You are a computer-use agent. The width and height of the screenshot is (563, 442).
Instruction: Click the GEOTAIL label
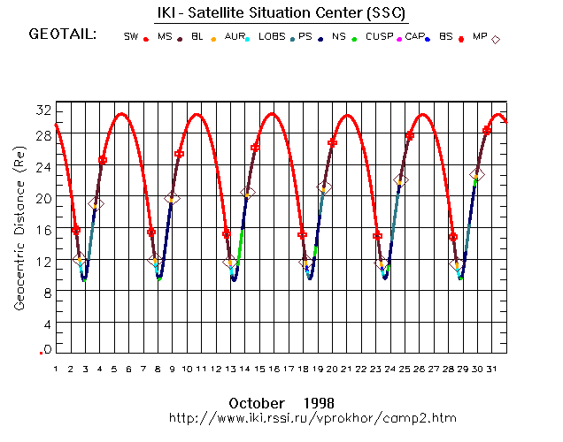click(62, 35)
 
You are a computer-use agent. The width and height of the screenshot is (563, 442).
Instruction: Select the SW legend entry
click(131, 37)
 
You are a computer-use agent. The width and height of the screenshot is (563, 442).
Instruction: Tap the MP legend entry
click(480, 37)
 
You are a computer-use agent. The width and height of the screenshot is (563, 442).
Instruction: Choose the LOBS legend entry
click(272, 37)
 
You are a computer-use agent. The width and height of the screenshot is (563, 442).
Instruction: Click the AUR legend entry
click(234, 37)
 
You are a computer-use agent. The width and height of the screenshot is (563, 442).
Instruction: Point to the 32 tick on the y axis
click(42, 110)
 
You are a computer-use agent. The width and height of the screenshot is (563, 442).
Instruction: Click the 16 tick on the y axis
click(42, 229)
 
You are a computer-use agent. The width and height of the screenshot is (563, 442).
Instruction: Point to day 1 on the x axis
click(55, 369)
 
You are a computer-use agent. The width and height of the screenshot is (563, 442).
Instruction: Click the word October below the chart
click(265, 402)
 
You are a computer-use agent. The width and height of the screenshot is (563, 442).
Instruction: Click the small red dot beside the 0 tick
click(41, 353)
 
